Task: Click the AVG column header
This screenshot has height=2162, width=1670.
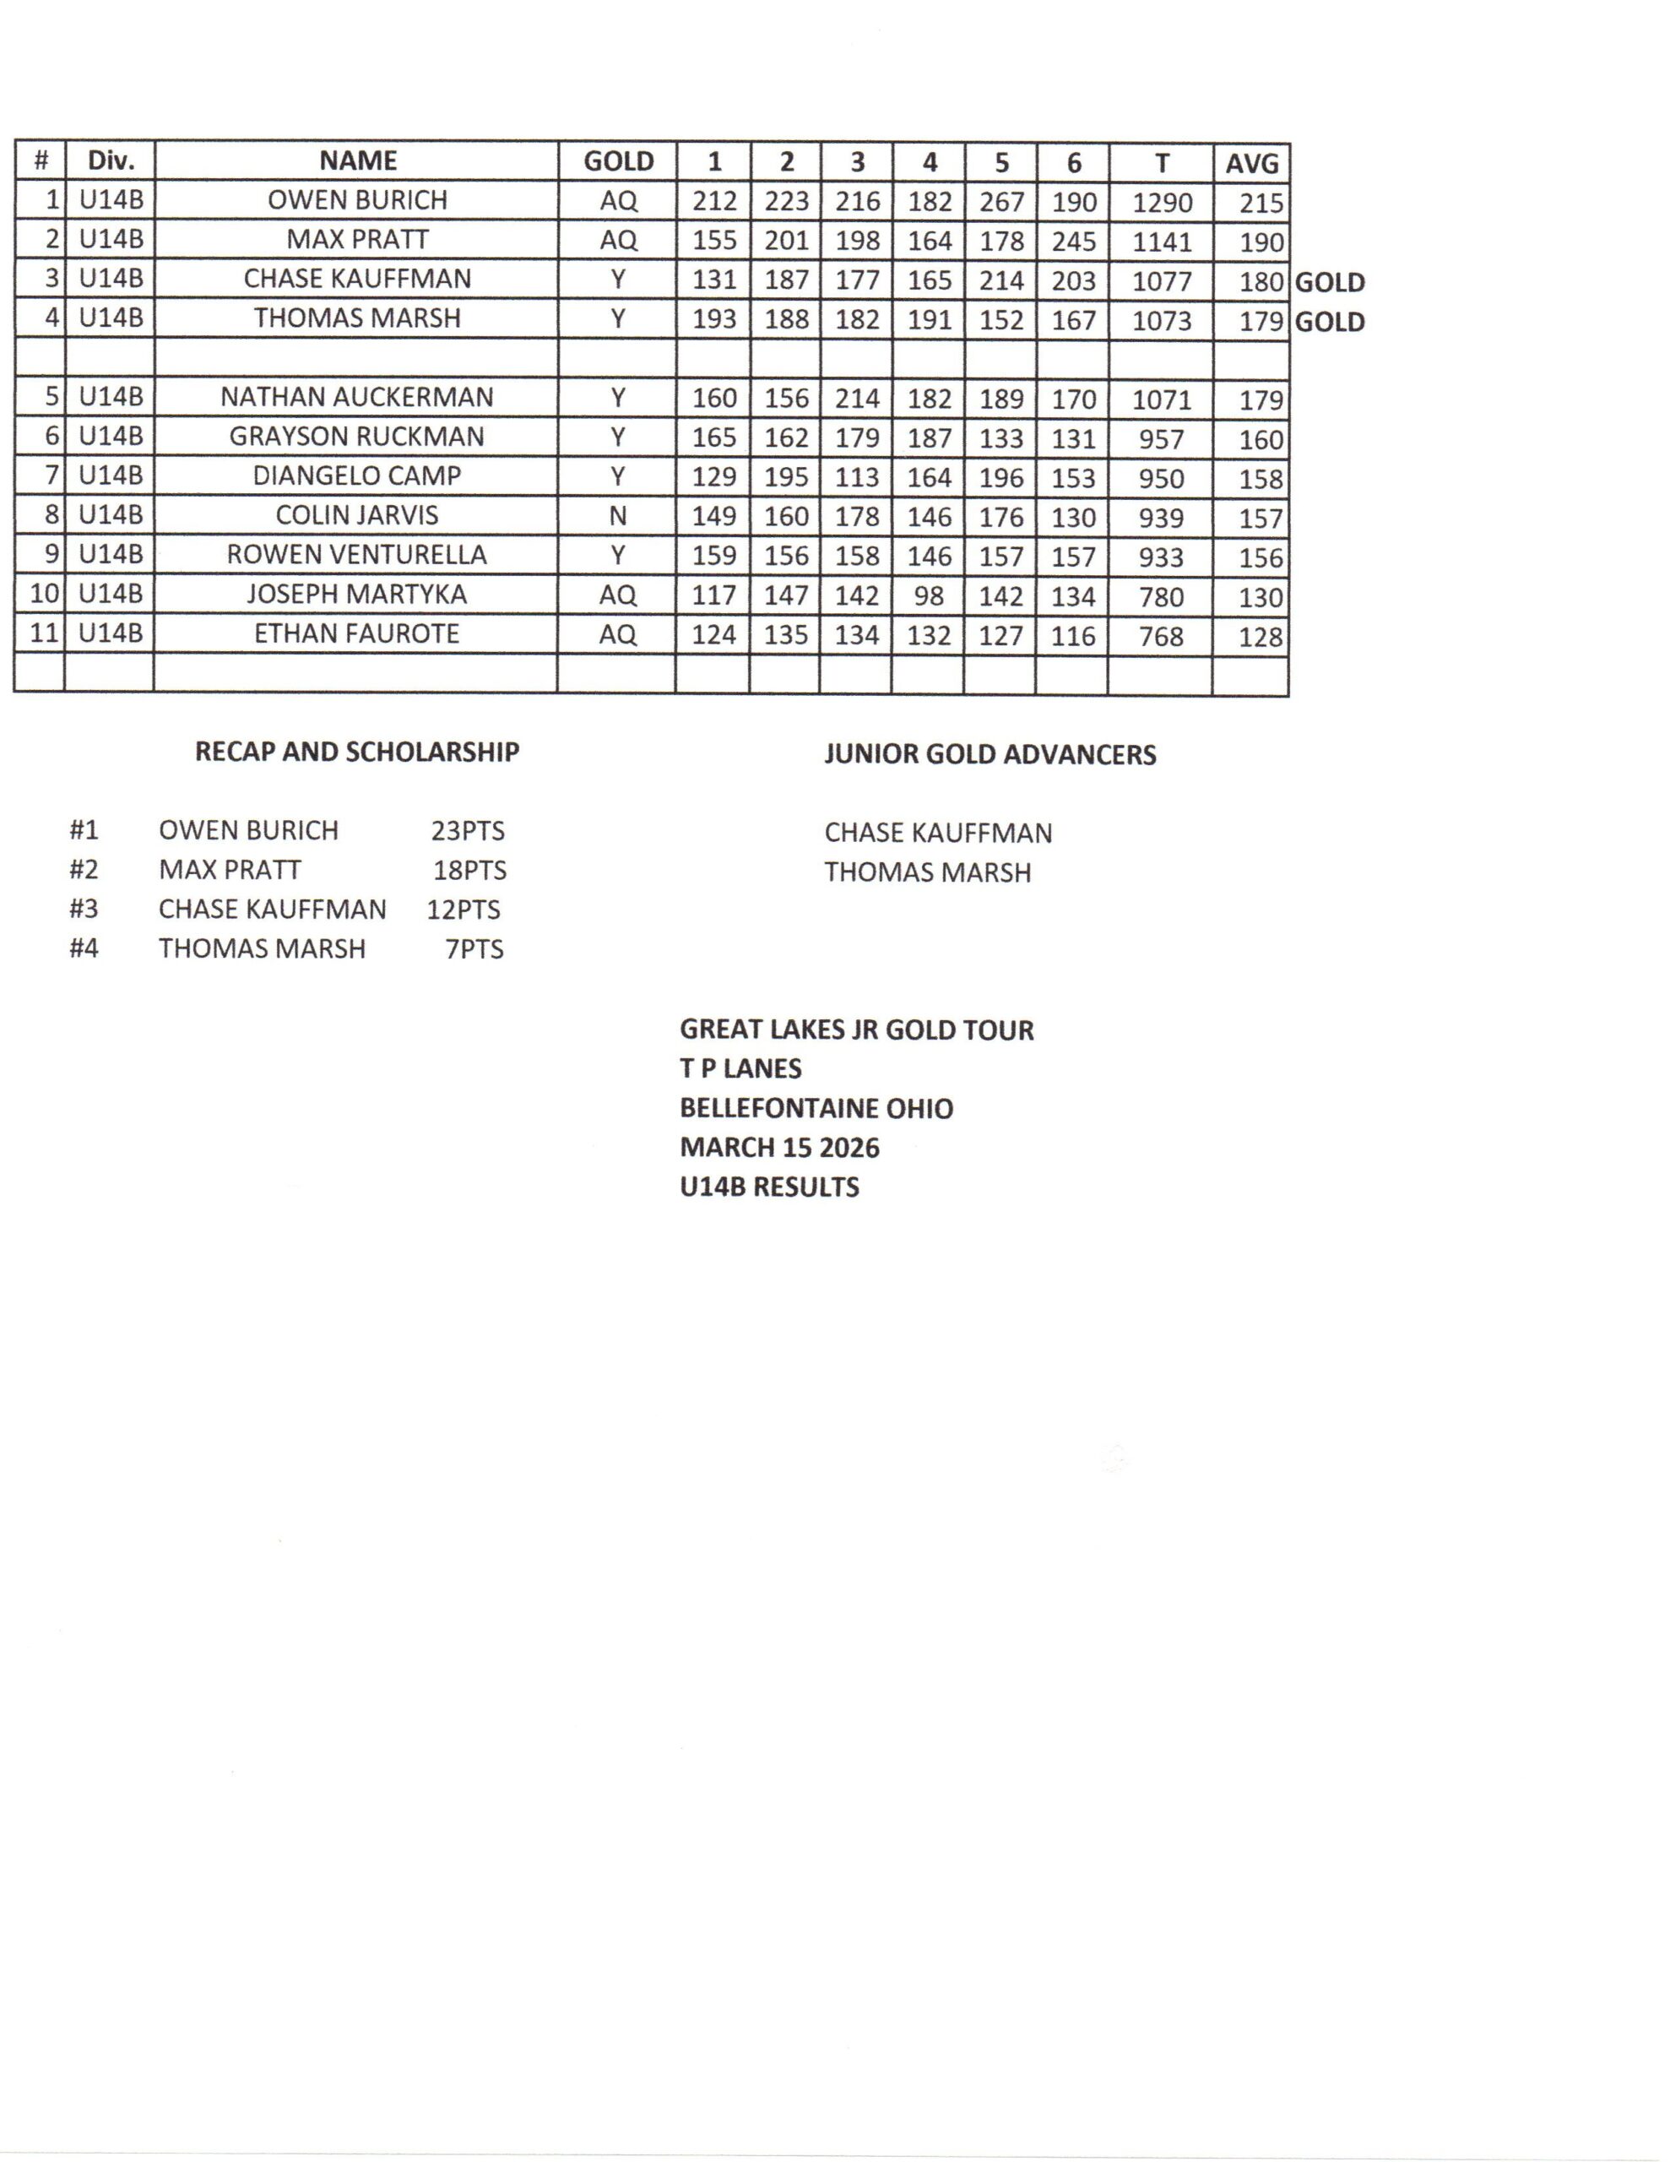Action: [1251, 162]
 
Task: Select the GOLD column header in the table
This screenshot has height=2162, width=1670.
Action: [618, 161]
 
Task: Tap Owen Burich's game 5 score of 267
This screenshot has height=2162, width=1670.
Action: [1000, 202]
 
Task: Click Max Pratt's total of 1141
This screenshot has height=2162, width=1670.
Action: [1161, 242]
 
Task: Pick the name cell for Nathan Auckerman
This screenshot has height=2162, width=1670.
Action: [356, 397]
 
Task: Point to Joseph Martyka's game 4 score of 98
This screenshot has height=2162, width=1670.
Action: [929, 597]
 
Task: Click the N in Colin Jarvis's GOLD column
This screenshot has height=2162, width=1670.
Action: [618, 516]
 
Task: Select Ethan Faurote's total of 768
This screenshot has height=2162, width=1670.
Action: [1160, 636]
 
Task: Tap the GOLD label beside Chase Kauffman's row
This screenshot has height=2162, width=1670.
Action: [1330, 282]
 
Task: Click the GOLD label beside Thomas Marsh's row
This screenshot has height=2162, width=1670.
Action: [1330, 322]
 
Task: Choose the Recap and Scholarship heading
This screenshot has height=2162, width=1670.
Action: [356, 752]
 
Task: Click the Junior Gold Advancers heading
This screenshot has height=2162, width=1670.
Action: [990, 754]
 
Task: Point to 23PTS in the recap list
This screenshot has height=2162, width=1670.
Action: [467, 830]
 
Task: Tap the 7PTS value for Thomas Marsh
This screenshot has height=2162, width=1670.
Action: [474, 949]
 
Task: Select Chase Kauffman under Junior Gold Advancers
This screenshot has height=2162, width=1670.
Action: [937, 834]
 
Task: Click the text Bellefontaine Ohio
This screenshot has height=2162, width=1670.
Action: [816, 1108]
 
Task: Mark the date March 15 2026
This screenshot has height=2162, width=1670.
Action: [779, 1148]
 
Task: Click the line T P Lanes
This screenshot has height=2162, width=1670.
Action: [740, 1068]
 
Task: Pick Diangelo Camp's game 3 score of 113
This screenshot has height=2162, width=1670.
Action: [856, 477]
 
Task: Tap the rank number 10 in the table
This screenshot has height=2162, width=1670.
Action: [45, 594]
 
